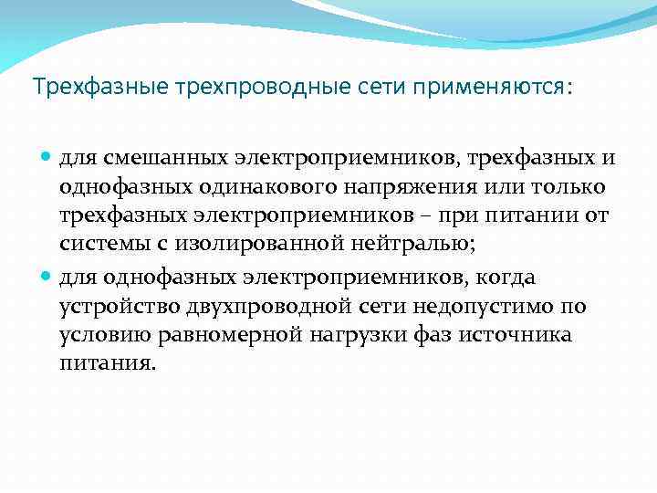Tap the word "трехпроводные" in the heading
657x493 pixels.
218,88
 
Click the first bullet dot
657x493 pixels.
47,159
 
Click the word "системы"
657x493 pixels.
102,246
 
